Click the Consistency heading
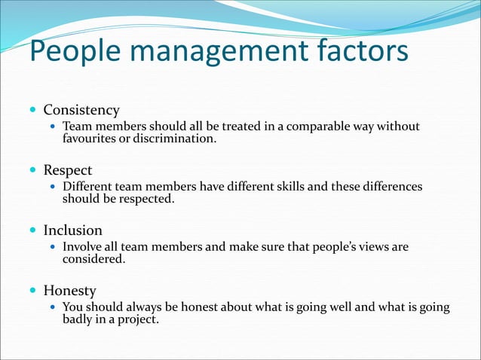click(x=81, y=110)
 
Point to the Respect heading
click(x=68, y=170)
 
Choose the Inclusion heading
click(x=72, y=230)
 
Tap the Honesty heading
click(x=69, y=291)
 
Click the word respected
click(x=146, y=199)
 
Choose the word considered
click(x=93, y=259)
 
